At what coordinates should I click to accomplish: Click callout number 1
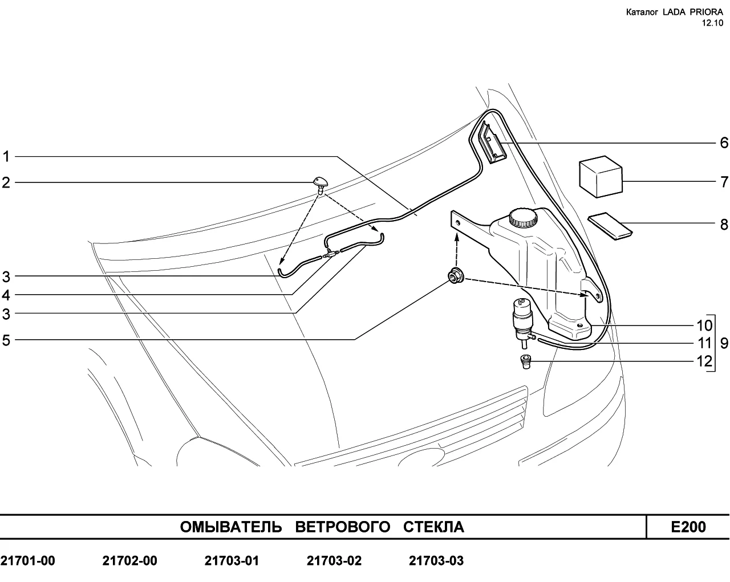coord(6,157)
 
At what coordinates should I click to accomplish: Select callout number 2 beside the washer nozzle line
coord(6,183)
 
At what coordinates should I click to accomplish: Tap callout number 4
coord(6,295)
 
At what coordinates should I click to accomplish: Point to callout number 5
coord(6,340)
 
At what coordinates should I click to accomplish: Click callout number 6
coord(724,143)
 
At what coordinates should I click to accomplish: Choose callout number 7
coord(724,182)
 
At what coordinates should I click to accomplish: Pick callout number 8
coord(724,225)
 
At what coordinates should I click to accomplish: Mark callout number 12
coord(704,361)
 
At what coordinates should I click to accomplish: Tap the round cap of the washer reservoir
coord(524,217)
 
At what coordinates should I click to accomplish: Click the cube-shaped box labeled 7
coord(601,177)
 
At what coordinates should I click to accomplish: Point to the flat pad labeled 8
coord(610,226)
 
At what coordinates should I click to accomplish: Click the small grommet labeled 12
coord(525,361)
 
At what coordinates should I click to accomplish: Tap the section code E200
coord(688,527)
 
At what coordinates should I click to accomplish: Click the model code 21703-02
coord(334,561)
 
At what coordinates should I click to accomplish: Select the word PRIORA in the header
coord(706,13)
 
